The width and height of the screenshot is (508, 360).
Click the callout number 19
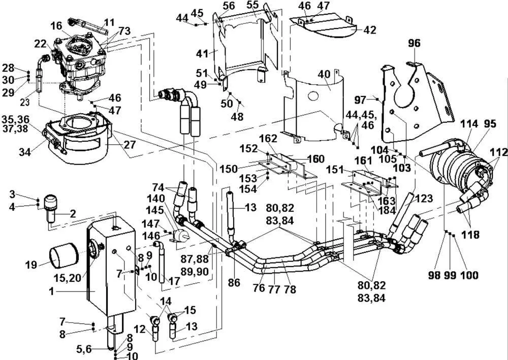coord(31,265)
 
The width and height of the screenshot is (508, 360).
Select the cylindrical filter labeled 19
coord(64,256)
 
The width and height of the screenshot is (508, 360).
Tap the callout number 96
coord(414,43)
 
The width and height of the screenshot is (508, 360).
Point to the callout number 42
coord(370,30)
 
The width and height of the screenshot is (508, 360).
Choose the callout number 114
coord(469,124)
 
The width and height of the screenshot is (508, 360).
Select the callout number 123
coord(423,199)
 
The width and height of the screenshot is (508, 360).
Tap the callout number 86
coord(234,283)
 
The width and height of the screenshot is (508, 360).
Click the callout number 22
coord(41,44)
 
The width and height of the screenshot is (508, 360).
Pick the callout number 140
coord(156,198)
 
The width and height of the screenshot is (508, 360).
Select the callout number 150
coord(229,169)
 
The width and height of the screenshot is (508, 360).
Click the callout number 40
coord(324,74)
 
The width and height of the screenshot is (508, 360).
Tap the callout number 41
coord(203,53)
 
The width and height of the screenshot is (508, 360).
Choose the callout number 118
coord(470,234)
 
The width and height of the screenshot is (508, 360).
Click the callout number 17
coord(174,281)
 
